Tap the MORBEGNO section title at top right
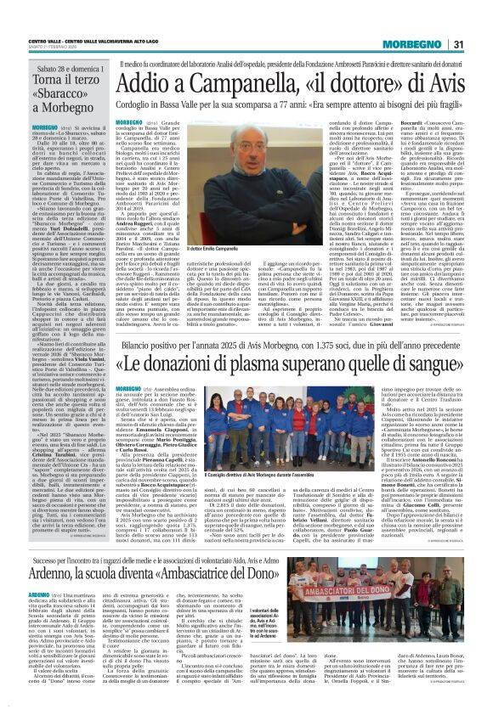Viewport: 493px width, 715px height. [425, 20]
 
